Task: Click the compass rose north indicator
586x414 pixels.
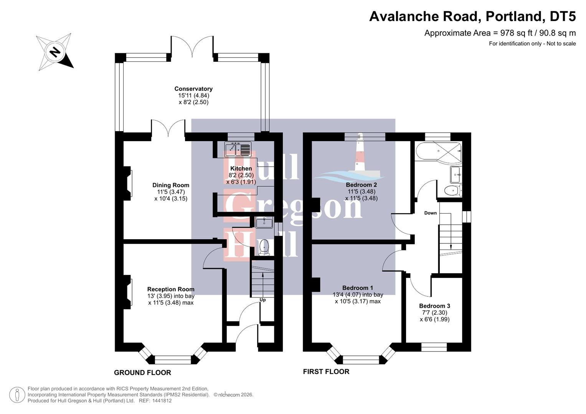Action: pyautogui.click(x=55, y=52)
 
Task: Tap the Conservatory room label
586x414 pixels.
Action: pyautogui.click(x=193, y=89)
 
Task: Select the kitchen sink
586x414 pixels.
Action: pyautogui.click(x=238, y=149)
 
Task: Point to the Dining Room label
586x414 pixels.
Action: pyautogui.click(x=171, y=185)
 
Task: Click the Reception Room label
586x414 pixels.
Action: pyautogui.click(x=171, y=289)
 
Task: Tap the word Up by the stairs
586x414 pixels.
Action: pyautogui.click(x=263, y=300)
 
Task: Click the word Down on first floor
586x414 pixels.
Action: pyautogui.click(x=430, y=213)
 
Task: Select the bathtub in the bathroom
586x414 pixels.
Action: pyautogui.click(x=438, y=152)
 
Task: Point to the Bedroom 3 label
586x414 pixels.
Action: pyautogui.click(x=434, y=306)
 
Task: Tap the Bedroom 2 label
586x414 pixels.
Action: pyautogui.click(x=362, y=185)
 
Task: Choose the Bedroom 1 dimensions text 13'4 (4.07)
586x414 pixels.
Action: pyautogui.click(x=358, y=295)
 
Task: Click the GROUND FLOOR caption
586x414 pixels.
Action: pyautogui.click(x=142, y=373)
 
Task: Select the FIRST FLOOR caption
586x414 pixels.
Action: pyautogui.click(x=326, y=371)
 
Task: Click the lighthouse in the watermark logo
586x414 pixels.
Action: pyautogui.click(x=360, y=153)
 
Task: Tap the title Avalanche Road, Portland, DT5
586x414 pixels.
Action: pyautogui.click(x=472, y=16)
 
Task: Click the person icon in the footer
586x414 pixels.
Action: pyautogui.click(x=17, y=395)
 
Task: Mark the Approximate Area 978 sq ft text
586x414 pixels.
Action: pyautogui.click(x=500, y=33)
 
